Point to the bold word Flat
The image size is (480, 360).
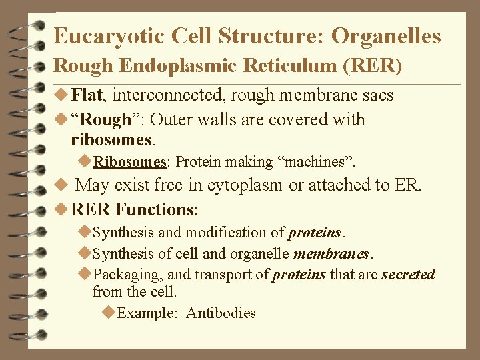(87, 95)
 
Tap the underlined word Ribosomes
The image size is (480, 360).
(129, 162)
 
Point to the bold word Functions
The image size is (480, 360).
(157, 209)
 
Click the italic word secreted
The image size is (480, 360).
(408, 275)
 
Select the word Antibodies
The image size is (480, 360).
(221, 313)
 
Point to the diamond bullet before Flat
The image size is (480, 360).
(61, 95)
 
